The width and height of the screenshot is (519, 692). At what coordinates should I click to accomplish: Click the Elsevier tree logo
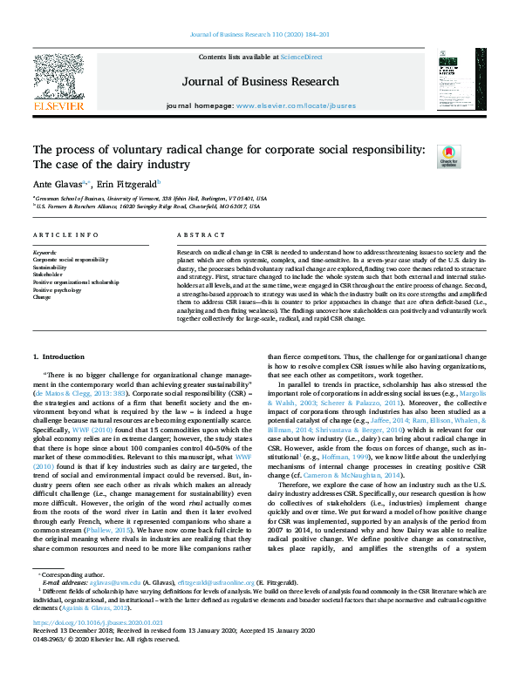[58, 78]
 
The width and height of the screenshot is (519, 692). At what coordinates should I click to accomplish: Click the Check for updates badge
[448, 156]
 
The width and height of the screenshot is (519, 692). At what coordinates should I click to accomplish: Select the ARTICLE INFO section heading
[65, 235]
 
